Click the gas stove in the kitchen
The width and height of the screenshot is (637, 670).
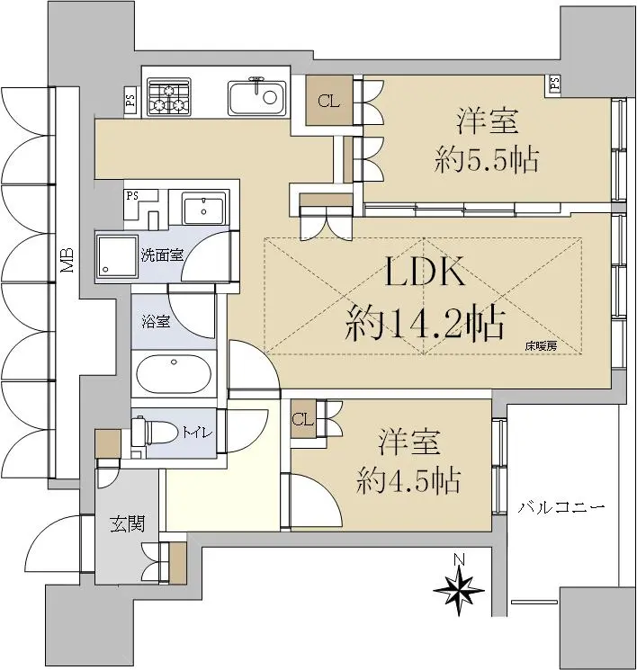pyautogui.click(x=168, y=97)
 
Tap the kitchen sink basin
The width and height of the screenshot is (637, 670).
pyautogui.click(x=257, y=98)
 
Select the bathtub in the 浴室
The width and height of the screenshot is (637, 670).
pyautogui.click(x=174, y=375)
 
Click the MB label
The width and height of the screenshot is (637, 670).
pyautogui.click(x=67, y=260)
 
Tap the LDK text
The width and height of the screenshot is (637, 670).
pyautogui.click(x=425, y=272)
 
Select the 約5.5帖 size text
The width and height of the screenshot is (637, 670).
pyautogui.click(x=487, y=161)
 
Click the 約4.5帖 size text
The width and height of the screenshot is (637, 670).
pyautogui.click(x=408, y=481)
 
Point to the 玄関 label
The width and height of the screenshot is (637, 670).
pyautogui.click(x=128, y=524)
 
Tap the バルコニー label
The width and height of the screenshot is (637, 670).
pyautogui.click(x=561, y=507)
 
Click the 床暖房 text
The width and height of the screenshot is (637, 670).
pyautogui.click(x=541, y=346)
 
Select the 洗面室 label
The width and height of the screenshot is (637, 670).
pyautogui.click(x=163, y=255)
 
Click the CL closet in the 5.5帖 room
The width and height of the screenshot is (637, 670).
pyautogui.click(x=329, y=101)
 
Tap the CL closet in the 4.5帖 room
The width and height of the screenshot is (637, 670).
pyautogui.click(x=303, y=419)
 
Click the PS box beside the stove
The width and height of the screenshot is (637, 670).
pyautogui.click(x=130, y=101)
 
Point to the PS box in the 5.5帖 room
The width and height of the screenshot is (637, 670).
pyautogui.click(x=554, y=85)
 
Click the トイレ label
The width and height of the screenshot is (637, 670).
pyautogui.click(x=197, y=433)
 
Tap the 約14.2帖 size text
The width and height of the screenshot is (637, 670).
pyautogui.click(x=426, y=324)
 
